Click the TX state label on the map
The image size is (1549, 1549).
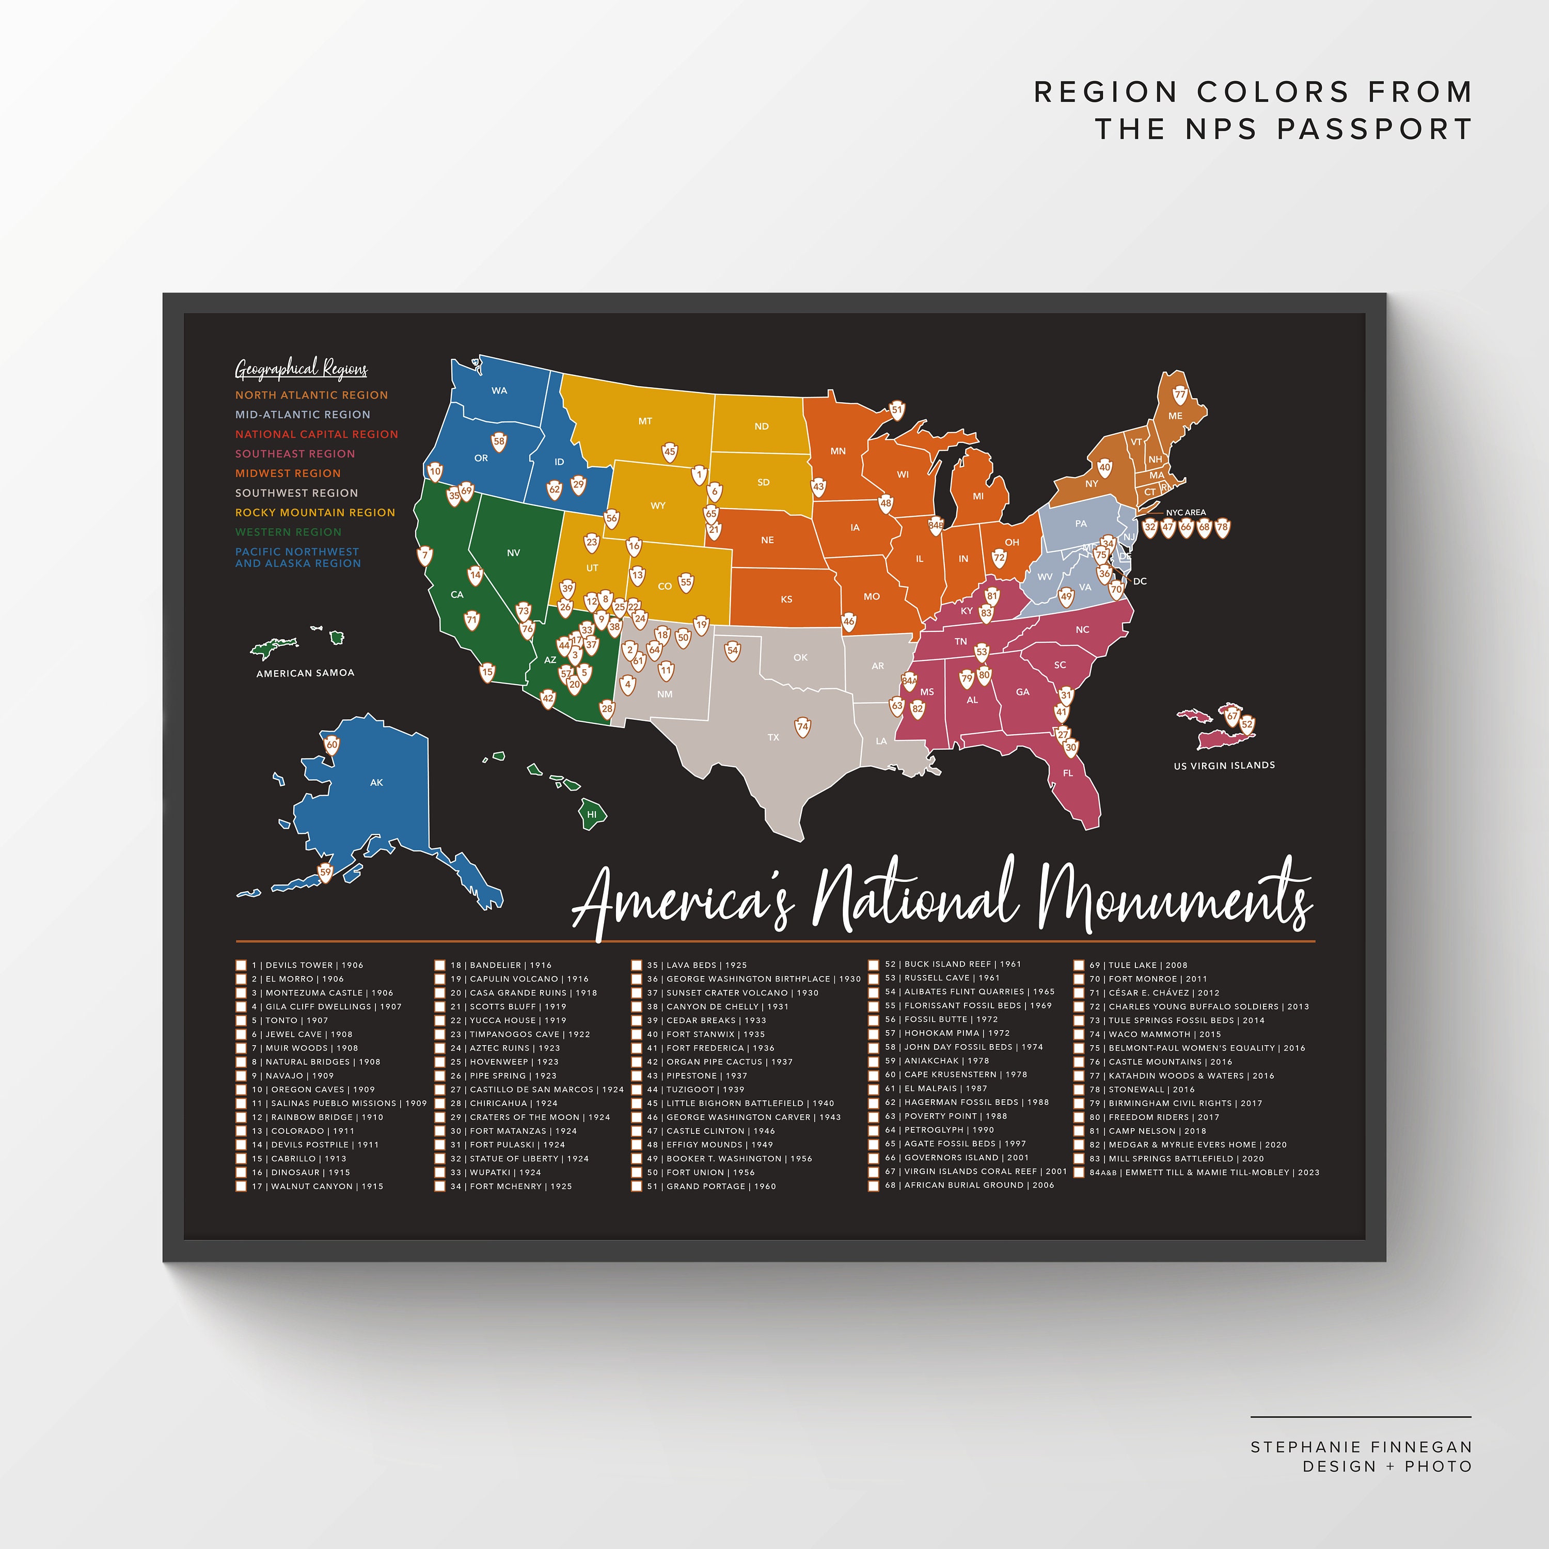coord(773,737)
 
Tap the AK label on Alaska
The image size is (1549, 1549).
coord(376,783)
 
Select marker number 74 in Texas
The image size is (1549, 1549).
coord(802,727)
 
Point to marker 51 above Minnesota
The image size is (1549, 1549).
coord(897,409)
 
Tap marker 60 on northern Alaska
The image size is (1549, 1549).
coord(332,745)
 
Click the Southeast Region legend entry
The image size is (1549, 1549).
coord(295,454)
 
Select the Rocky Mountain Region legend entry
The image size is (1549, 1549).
coord(315,512)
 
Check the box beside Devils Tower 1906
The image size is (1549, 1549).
coord(241,966)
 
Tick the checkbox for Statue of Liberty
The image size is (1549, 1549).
coord(439,1159)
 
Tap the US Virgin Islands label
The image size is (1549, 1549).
coord(1224,766)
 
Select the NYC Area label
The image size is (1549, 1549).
coord(1186,512)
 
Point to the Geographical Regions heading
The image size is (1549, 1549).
coord(302,370)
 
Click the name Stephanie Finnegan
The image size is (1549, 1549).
coord(1361,1447)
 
